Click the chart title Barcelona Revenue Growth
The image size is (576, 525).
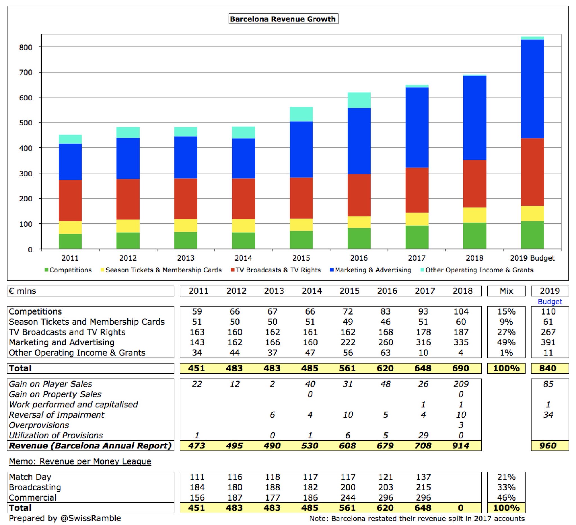283,19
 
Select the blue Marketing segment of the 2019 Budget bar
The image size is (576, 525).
532,89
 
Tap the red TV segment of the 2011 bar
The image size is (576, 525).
70,200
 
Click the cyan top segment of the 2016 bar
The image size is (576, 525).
359,100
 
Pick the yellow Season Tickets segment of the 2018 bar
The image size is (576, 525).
474,215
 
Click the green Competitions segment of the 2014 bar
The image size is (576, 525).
244,241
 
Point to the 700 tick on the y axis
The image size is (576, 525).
25,73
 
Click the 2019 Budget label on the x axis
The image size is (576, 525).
532,258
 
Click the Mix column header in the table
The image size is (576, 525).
506,291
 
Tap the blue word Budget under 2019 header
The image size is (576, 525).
550,302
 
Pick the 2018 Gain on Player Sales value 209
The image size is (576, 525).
461,384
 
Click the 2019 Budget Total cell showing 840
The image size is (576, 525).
548,368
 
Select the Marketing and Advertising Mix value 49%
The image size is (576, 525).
506,342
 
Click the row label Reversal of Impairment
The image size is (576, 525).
57,415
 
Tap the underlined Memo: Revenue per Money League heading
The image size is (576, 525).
80,461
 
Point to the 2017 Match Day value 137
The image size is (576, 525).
423,477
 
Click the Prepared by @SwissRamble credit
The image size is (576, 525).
65,518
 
